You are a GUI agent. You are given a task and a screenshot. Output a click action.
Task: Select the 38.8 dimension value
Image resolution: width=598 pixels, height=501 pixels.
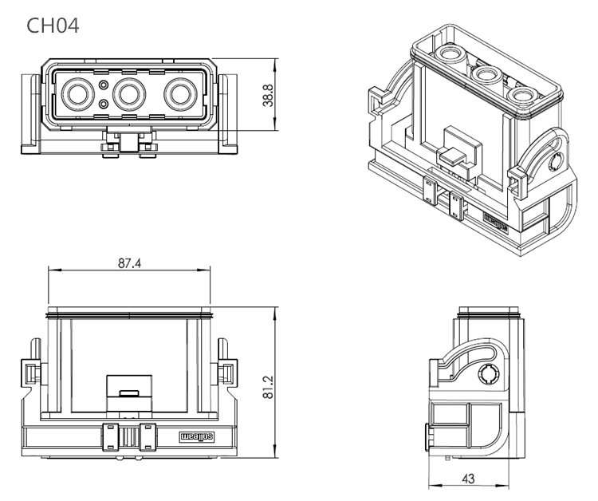pyautogui.click(x=269, y=94)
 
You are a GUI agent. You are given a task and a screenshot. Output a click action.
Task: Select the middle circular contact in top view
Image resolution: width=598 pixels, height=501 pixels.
pyautogui.click(x=128, y=95)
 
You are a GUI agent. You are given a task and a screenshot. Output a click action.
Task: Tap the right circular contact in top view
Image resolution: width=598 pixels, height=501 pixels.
pyautogui.click(x=179, y=95)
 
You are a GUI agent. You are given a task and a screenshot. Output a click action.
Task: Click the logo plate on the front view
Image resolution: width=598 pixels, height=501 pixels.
pyautogui.click(x=194, y=436)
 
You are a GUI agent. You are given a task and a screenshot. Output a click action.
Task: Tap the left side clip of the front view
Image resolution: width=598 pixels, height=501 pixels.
pyautogui.click(x=30, y=372)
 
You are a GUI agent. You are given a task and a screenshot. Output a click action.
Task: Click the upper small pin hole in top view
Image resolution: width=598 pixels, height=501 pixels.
pyautogui.click(x=104, y=84)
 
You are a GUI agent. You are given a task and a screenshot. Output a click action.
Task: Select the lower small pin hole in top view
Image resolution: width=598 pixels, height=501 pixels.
pyautogui.click(x=104, y=105)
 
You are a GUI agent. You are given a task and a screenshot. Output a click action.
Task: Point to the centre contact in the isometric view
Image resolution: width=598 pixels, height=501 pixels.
pyautogui.click(x=484, y=75)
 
